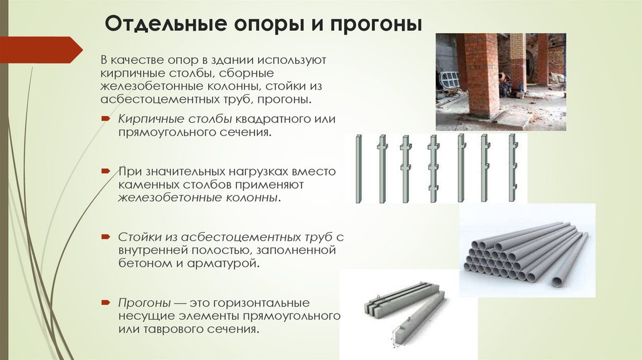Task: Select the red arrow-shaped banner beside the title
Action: pos(41,50)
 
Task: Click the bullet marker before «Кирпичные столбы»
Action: pos(106,119)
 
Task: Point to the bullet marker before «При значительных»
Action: pos(106,171)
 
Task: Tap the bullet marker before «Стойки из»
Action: pos(106,236)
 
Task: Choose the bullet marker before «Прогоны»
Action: pos(106,303)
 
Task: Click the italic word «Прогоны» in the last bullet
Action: pos(144,303)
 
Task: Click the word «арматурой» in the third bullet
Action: pos(223,263)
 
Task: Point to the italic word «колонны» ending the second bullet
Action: pos(252,198)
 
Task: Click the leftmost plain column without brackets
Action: pos(359,168)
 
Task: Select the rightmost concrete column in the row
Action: pos(512,168)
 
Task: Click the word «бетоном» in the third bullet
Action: pos(145,263)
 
